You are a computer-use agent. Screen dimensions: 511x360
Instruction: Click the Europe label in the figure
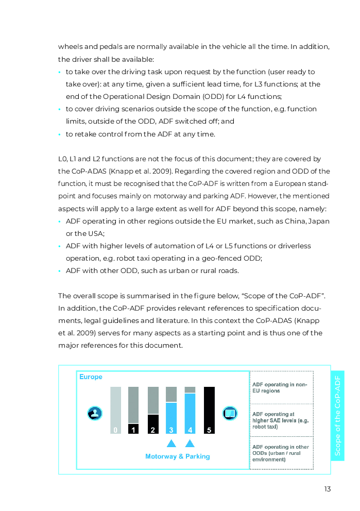point(91,377)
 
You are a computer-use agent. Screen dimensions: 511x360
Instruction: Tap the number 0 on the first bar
point(115,430)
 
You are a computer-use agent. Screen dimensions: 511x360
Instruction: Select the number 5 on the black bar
point(209,430)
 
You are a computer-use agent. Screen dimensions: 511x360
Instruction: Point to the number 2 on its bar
point(152,430)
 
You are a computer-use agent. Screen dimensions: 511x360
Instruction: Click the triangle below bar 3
point(172,443)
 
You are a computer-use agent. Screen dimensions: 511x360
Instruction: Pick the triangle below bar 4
point(190,443)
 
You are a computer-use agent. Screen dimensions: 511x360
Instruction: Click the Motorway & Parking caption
point(177,456)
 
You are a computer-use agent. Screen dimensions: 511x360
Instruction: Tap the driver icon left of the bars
point(95,413)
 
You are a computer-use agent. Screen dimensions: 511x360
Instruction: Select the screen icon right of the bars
point(230,413)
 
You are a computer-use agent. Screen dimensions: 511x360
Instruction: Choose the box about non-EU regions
point(281,387)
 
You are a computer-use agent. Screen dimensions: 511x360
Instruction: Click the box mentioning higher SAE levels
point(281,420)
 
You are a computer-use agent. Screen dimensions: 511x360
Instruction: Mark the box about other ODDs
point(281,453)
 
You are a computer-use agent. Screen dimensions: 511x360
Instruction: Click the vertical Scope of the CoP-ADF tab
point(337,415)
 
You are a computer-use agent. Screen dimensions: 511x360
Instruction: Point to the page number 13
point(328,489)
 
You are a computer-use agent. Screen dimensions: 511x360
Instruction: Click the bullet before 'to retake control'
point(60,134)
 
